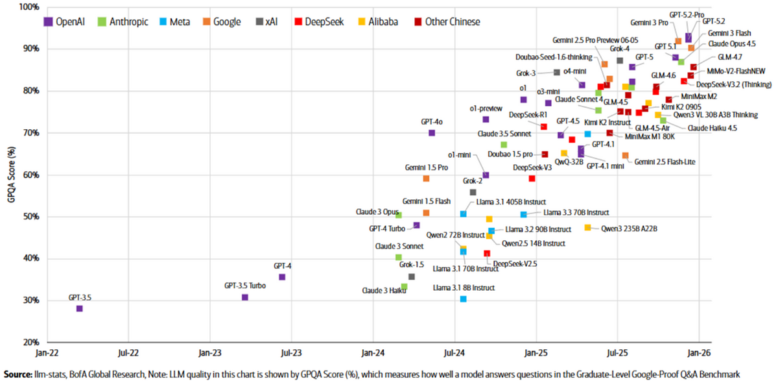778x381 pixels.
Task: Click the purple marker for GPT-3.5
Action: point(80,308)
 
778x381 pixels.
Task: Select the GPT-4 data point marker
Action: point(282,277)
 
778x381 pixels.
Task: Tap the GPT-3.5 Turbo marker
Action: point(245,297)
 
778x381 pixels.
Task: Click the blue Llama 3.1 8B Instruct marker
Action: point(463,299)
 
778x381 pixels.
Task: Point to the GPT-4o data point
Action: point(432,133)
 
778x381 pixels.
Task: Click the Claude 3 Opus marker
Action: point(399,215)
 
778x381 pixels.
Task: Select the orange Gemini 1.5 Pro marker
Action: point(426,178)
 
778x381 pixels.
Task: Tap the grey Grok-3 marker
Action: point(556,72)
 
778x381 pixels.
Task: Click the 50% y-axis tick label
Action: point(30,217)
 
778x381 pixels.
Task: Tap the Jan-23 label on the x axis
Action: point(209,353)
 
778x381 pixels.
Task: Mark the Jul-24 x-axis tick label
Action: point(454,353)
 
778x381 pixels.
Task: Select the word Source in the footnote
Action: point(17,374)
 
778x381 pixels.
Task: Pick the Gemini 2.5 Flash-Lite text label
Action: point(665,162)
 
